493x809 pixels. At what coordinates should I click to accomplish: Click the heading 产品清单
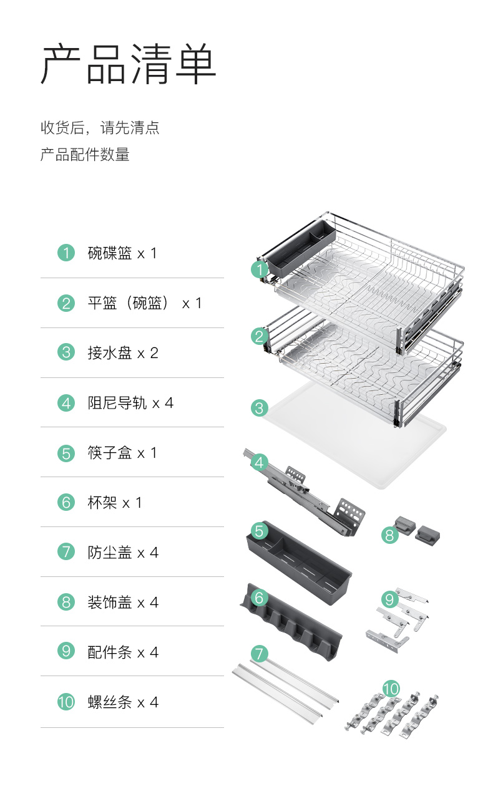click(x=129, y=64)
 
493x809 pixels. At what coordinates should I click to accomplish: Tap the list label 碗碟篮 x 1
click(x=122, y=253)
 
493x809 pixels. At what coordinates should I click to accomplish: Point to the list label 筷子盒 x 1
click(x=122, y=453)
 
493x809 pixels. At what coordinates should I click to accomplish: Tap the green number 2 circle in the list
click(x=66, y=303)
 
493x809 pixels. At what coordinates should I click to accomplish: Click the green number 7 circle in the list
click(x=66, y=552)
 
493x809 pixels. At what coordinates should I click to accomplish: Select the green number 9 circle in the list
click(x=66, y=652)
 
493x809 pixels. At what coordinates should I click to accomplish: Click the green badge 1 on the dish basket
click(x=260, y=269)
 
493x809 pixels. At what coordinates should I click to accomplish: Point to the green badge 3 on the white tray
click(x=260, y=409)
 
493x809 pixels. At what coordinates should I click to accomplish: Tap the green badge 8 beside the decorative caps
click(x=389, y=535)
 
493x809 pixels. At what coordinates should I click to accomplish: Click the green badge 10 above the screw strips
click(x=391, y=689)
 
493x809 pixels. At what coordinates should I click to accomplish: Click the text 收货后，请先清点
click(x=100, y=128)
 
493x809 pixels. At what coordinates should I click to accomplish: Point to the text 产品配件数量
click(x=85, y=155)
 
